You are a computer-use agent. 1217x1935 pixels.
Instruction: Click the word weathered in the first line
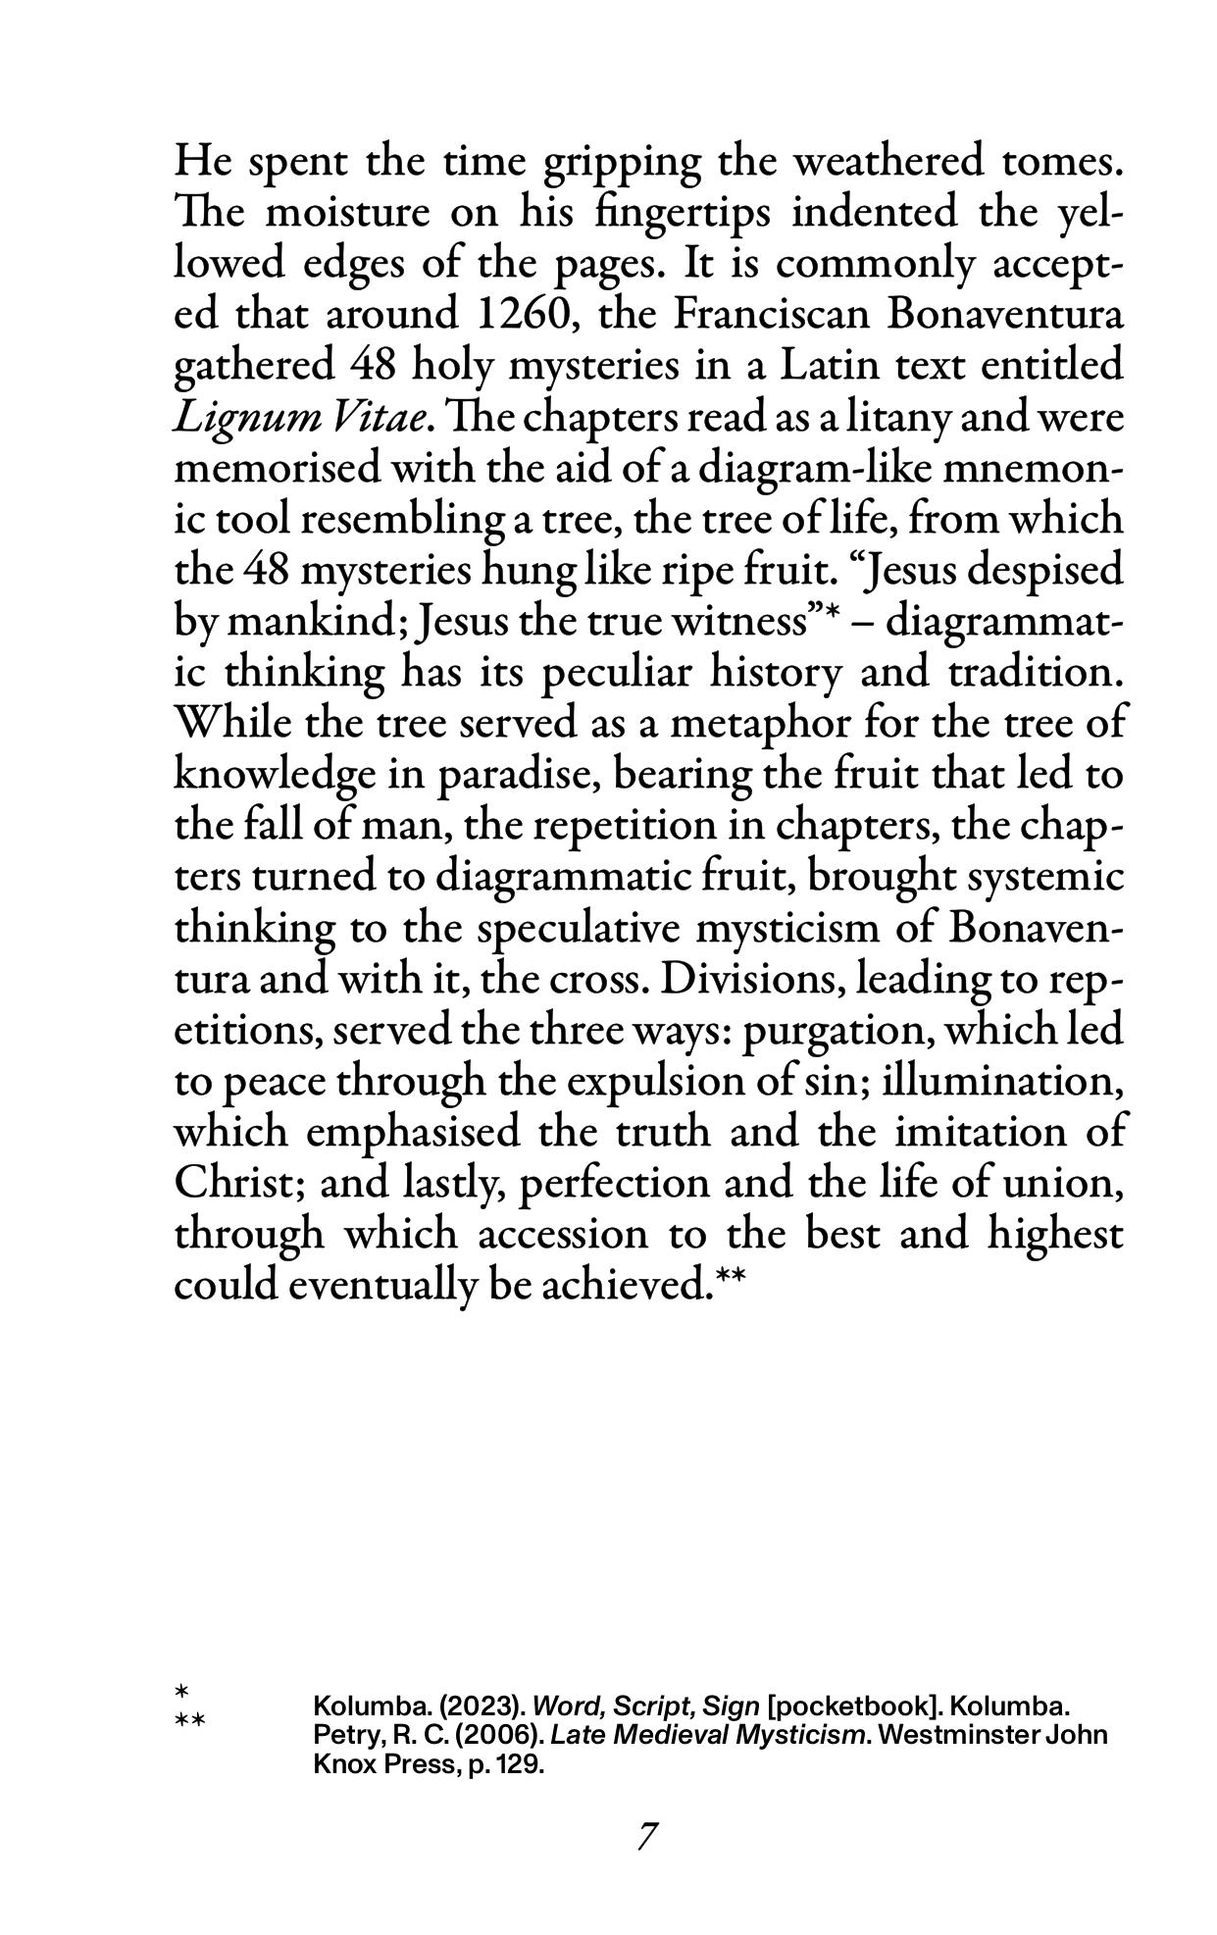coord(887,162)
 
